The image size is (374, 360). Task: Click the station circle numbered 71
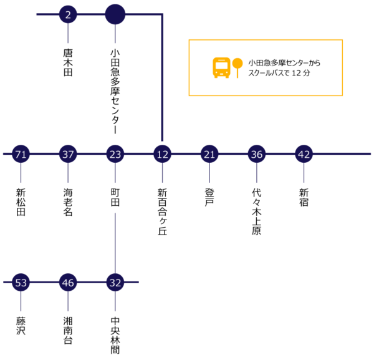point(21,154)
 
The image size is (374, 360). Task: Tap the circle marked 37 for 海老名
point(68,154)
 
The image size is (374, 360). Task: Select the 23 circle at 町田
point(115,154)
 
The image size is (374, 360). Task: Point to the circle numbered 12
point(163,154)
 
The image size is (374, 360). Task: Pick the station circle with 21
point(209,154)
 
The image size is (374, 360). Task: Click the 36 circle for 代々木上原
point(257,154)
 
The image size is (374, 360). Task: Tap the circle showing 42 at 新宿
point(304,154)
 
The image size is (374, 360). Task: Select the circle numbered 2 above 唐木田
point(68,14)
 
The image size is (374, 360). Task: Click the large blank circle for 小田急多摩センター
point(115,14)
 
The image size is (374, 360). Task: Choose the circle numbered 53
point(21,283)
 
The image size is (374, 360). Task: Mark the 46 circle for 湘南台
point(68,283)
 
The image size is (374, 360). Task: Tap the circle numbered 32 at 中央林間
point(115,283)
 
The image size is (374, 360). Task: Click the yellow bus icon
point(221,67)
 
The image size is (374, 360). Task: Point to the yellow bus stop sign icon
point(237,68)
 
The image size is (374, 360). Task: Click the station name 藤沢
point(21,326)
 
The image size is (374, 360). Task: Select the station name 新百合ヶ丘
point(163,212)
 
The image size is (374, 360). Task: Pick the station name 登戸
point(209,197)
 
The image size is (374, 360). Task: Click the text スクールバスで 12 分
point(279,73)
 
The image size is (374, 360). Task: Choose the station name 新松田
point(21,202)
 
